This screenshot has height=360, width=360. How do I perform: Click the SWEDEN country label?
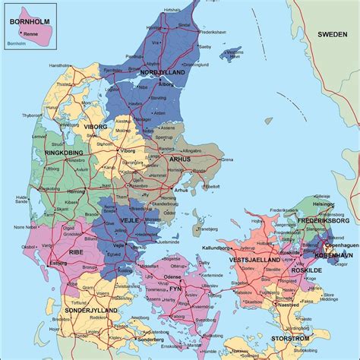click(332, 34)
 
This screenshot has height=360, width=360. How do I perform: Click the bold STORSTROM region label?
click(291, 338)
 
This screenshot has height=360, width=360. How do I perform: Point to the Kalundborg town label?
click(216, 248)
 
